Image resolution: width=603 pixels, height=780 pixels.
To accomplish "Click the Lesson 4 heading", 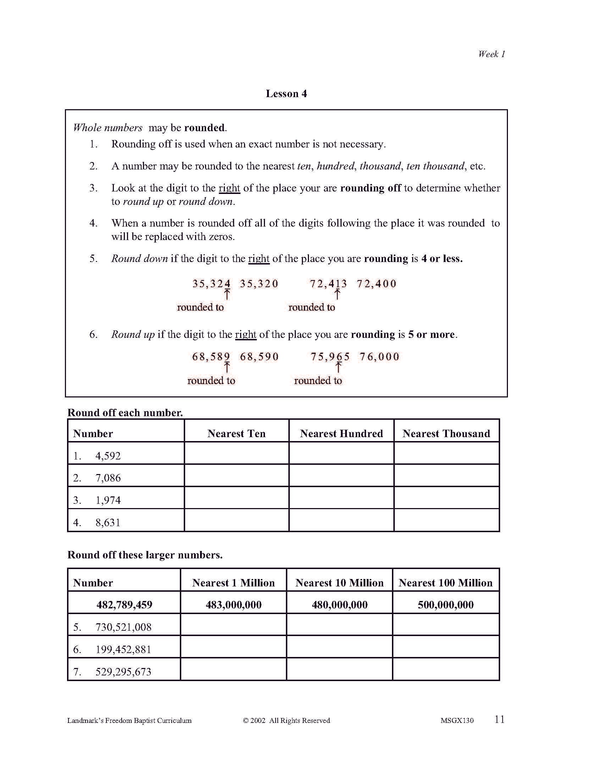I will coord(286,94).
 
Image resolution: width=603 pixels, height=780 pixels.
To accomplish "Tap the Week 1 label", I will coord(492,54).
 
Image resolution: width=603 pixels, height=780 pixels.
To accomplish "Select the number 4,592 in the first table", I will coord(108,456).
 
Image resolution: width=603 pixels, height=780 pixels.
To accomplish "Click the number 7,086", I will coord(108,478).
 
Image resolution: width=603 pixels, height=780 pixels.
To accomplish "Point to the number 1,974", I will coord(108,500).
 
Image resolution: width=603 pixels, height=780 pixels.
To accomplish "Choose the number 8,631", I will coord(108,523).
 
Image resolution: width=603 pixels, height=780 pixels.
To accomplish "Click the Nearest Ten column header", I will coord(237,433).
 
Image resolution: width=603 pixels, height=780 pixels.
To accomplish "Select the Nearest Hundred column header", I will coord(341,433).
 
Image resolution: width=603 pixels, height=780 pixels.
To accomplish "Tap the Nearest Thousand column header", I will coord(446,433).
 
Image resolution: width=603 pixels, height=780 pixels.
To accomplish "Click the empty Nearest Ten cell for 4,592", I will coord(237,453).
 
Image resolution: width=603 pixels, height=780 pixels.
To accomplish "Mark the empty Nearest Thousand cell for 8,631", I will coord(446,520).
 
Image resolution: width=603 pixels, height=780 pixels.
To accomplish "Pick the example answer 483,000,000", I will coord(234,604).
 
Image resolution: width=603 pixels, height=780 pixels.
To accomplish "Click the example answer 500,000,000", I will coord(446,604).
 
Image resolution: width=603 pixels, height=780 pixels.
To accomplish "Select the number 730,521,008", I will coord(123,627).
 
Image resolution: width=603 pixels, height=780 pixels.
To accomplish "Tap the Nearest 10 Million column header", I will coord(339,583).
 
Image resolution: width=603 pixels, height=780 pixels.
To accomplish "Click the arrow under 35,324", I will coord(227,295).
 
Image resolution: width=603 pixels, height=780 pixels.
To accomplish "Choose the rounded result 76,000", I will coord(380,356).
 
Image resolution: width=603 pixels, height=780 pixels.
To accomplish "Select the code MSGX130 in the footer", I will coord(457,720).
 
